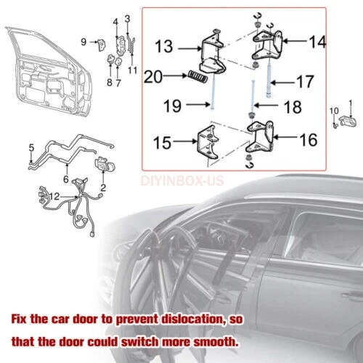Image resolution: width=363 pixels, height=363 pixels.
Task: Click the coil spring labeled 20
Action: point(198,77)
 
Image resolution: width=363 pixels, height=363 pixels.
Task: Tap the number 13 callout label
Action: point(164,46)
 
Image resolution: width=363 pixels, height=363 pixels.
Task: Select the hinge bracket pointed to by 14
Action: point(267,45)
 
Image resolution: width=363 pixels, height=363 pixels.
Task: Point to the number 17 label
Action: point(306,82)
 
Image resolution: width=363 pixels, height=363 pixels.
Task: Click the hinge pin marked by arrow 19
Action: point(213,93)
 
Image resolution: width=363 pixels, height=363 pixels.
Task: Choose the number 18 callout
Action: point(293,107)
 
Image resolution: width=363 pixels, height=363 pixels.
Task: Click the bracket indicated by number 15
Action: point(208,142)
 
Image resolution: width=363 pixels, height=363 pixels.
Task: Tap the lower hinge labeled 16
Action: point(260,137)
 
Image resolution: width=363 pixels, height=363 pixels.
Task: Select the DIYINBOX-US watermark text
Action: point(182,181)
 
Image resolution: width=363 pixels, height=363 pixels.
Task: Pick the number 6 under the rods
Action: point(66,179)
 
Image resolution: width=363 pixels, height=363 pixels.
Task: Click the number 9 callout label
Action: point(83,42)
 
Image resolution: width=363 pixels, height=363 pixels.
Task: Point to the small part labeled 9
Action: point(102,45)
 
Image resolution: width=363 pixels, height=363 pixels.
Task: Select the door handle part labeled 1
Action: point(348,121)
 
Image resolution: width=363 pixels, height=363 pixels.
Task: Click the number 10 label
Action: point(334,111)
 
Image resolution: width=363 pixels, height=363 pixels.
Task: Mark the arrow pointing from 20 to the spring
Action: point(175,76)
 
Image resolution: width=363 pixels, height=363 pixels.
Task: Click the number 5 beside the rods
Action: point(31,147)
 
